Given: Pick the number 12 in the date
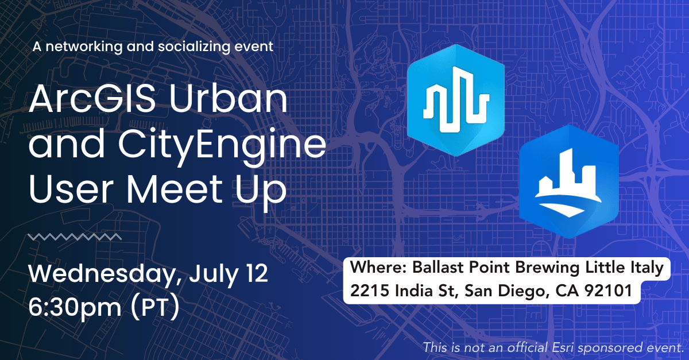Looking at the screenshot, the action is click(x=257, y=273).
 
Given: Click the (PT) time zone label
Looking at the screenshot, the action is click(x=154, y=307).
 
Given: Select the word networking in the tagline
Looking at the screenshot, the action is click(x=84, y=47).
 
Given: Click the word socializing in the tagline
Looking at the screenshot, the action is click(x=194, y=47).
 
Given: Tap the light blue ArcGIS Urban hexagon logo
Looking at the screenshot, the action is click(x=456, y=100).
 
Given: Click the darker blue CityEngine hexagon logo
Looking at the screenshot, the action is click(x=569, y=181).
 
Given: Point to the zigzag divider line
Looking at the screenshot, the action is click(x=75, y=237).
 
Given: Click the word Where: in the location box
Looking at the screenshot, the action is click(x=378, y=267).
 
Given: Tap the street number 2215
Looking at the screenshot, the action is click(x=370, y=291).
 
